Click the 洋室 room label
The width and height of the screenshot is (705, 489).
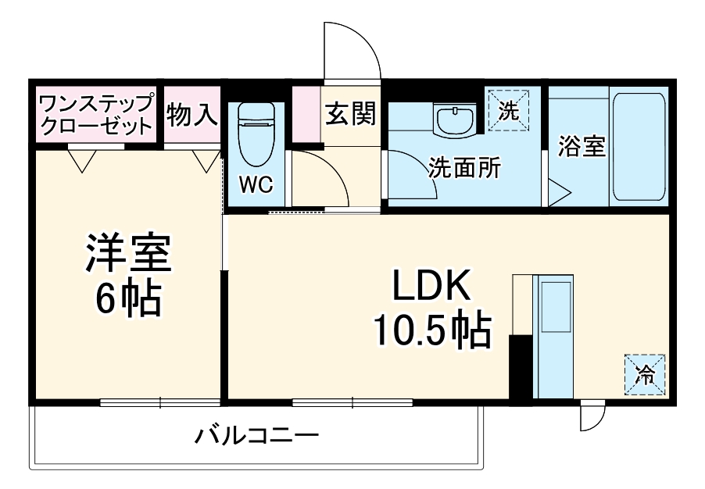[129, 252]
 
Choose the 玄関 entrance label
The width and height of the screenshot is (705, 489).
[351, 113]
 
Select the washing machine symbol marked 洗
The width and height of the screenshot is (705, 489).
[508, 110]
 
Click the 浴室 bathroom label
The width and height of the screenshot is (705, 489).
[582, 146]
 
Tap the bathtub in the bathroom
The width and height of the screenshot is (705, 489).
[638, 146]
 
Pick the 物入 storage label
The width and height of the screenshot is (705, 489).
[191, 116]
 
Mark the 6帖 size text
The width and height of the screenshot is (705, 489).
[129, 297]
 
